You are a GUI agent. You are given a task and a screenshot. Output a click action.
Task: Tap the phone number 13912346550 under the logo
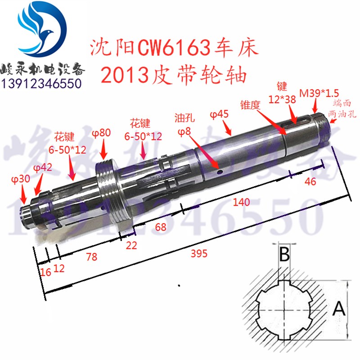[x=42, y=83]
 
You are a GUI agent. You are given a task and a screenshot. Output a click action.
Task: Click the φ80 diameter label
[x=102, y=133]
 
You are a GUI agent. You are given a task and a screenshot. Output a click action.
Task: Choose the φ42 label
[x=43, y=167]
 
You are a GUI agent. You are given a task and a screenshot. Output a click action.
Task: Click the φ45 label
[x=220, y=115]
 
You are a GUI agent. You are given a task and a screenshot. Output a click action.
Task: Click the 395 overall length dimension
[x=198, y=254]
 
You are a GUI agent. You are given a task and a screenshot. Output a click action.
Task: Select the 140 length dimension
[x=242, y=203]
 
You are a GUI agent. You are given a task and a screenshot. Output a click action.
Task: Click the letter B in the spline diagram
[x=283, y=255]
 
